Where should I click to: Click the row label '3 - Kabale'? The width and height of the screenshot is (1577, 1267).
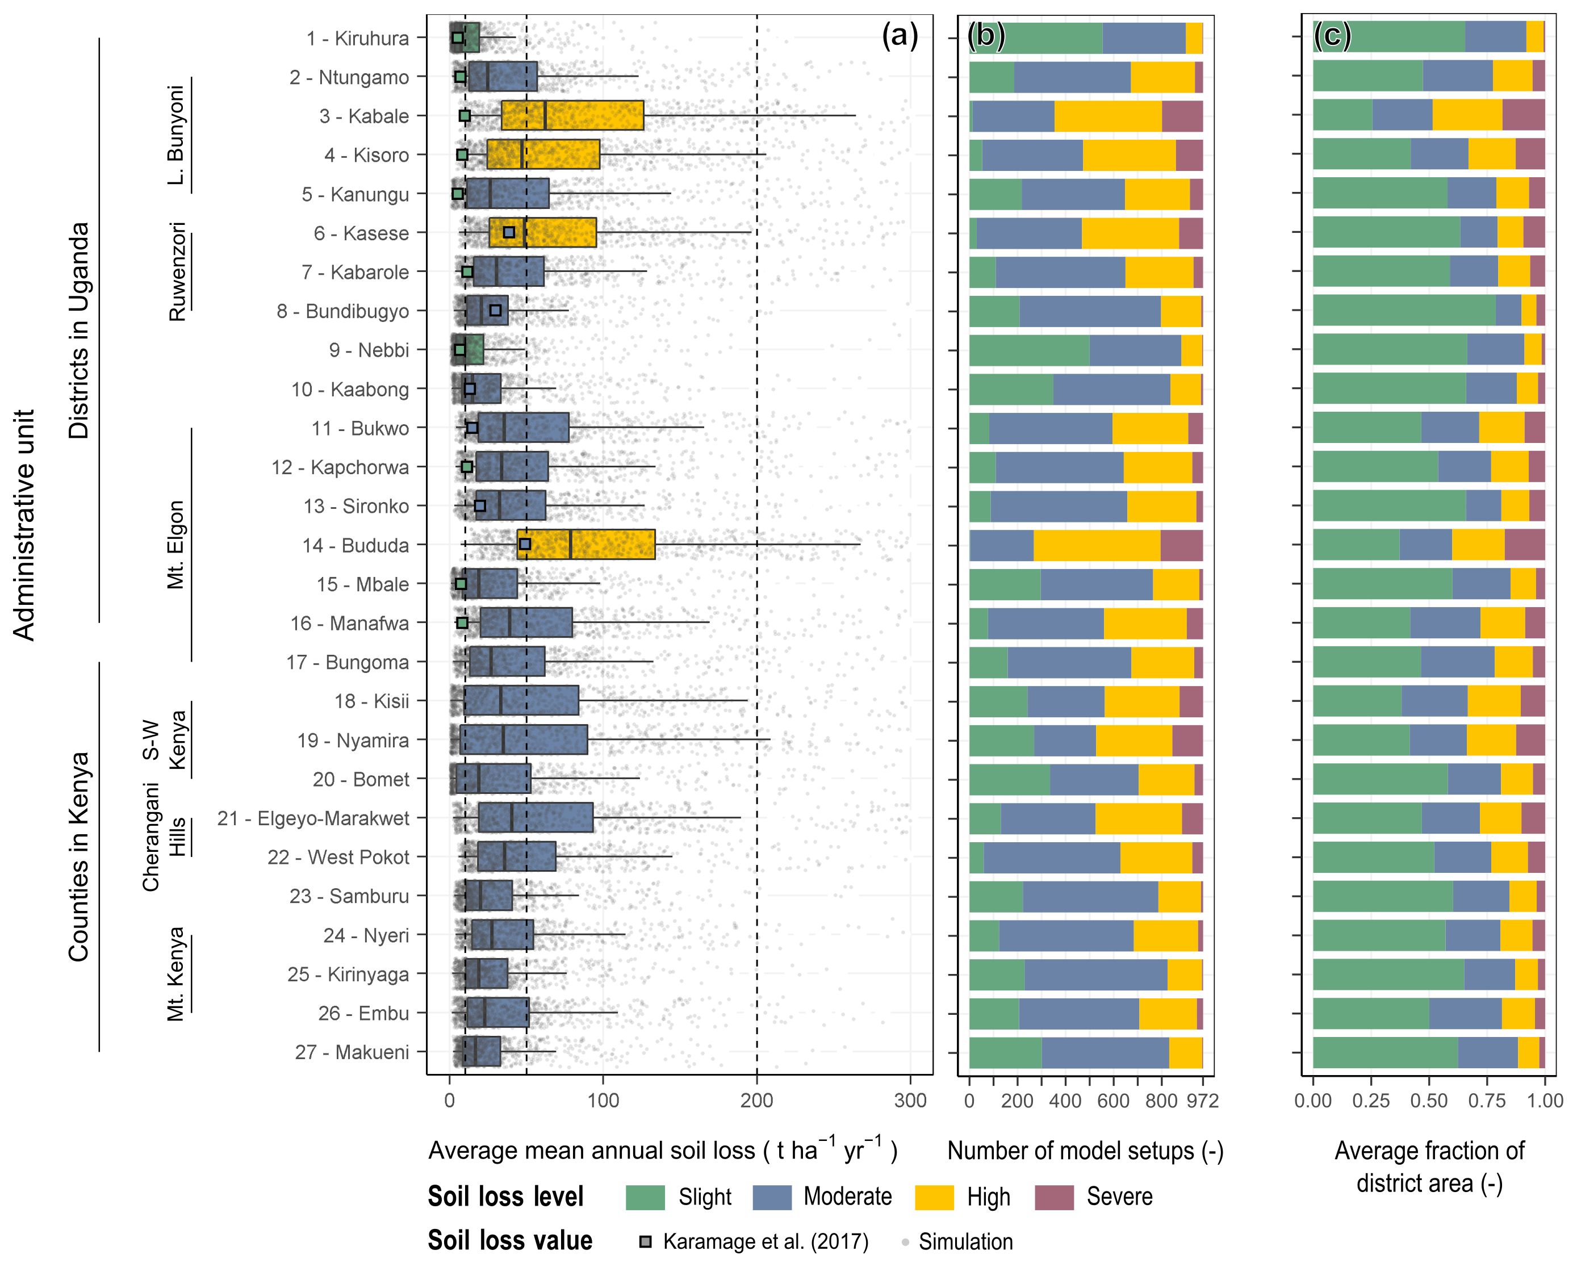(x=363, y=116)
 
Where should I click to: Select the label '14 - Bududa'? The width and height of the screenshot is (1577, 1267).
(x=355, y=545)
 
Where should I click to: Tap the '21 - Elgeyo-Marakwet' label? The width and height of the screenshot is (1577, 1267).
(x=313, y=818)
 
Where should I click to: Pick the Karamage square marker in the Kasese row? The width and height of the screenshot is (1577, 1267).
(x=509, y=233)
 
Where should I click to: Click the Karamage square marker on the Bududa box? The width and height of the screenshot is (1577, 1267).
(x=525, y=544)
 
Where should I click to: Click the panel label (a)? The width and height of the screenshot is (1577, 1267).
(x=899, y=35)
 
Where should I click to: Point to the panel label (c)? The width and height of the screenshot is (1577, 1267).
(x=1332, y=35)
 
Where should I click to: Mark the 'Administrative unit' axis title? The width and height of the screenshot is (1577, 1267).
(x=24, y=525)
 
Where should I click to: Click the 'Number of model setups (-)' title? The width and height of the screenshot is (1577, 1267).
(x=1085, y=1151)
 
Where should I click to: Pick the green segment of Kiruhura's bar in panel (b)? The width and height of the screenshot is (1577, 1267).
(x=1035, y=38)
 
